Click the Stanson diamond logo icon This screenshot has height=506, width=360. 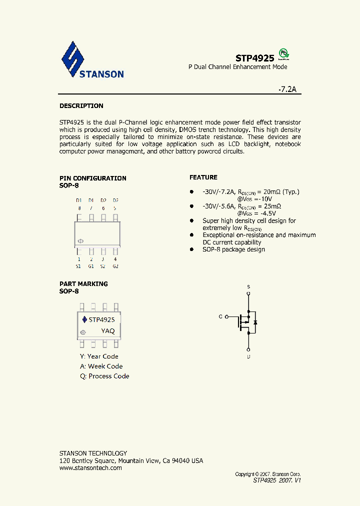tap(73, 59)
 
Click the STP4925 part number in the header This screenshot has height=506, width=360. tap(254, 58)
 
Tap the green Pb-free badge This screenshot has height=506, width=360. tap(283, 53)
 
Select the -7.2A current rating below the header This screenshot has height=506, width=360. tap(287, 89)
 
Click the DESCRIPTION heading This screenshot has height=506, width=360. tap(81, 106)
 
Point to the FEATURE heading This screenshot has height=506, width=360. tap(203, 177)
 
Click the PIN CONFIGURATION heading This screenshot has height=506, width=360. tap(92, 178)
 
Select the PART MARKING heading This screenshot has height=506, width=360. tap(83, 284)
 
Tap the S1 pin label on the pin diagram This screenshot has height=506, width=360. tap(78, 266)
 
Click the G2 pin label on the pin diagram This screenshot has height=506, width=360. tap(115, 266)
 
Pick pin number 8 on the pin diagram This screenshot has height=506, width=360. tap(78, 208)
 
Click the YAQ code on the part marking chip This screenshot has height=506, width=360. tap(108, 331)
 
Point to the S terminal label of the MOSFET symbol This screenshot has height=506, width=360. tap(248, 287)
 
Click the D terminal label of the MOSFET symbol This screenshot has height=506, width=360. tap(248, 356)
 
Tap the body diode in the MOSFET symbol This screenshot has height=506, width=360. tap(255, 322)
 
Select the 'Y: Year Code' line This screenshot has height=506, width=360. tap(99, 356)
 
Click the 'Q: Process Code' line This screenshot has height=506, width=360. tap(104, 376)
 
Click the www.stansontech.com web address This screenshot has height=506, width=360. tap(90, 468)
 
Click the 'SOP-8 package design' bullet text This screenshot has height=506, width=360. tap(233, 249)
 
